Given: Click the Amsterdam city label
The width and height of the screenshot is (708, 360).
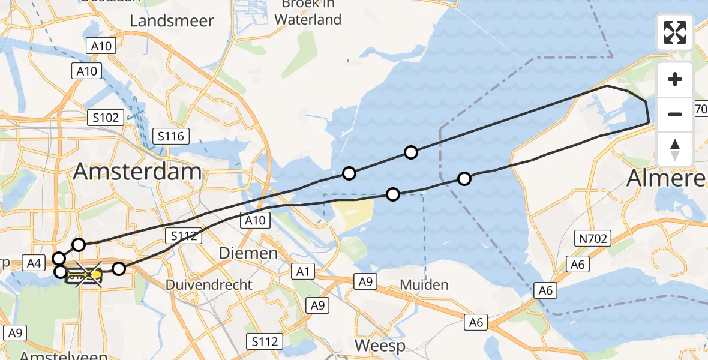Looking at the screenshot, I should click(137, 172).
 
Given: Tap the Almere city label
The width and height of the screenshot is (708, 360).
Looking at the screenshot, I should click(666, 178).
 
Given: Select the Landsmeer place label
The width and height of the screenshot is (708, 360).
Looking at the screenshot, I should click(172, 21).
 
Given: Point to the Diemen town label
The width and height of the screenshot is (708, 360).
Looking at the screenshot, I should click(248, 253).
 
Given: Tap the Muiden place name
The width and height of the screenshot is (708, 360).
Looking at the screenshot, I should click(424, 284).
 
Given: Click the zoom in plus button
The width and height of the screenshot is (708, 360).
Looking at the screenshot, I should click(675, 79).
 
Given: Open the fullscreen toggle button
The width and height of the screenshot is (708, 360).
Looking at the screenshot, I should click(675, 32).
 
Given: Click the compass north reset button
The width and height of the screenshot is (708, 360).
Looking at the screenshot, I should click(675, 149).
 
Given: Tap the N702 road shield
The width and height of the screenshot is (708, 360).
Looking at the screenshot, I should click(593, 239).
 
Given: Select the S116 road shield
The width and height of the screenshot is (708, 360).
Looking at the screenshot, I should click(171, 136).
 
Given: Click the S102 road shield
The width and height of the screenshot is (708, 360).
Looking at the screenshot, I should click(105, 117).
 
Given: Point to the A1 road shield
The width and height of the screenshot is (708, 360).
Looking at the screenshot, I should click(303, 272).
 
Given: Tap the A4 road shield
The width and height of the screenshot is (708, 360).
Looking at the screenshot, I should click(34, 262).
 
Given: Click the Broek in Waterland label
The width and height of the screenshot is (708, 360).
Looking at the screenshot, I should click(308, 12).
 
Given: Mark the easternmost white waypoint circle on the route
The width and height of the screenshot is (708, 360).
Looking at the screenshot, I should click(464, 178).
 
